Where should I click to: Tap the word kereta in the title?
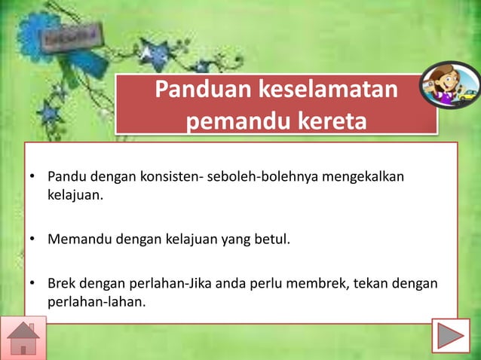click(x=328, y=121)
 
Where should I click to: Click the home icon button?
click(x=24, y=337)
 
